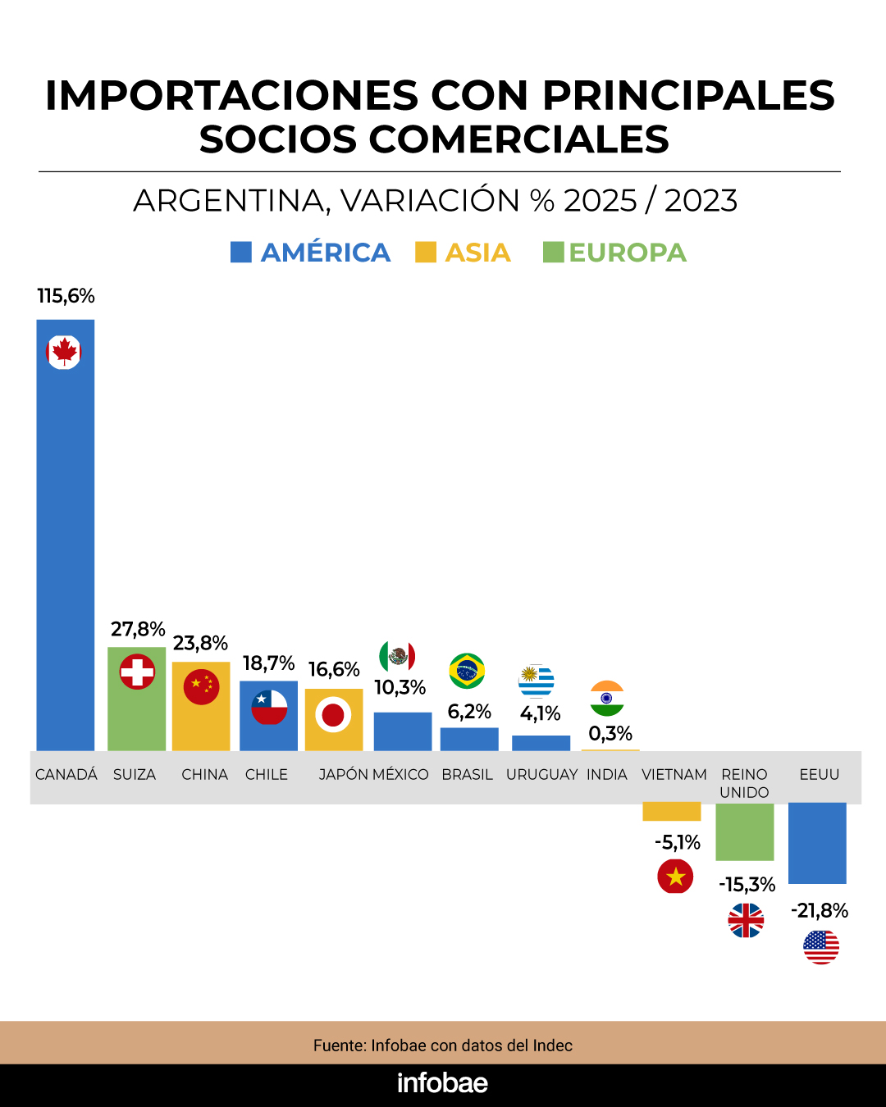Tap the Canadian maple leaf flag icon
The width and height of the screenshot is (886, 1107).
coord(63,353)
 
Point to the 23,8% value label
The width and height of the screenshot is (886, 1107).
coord(200,643)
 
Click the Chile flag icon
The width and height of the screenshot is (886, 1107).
coord(269,707)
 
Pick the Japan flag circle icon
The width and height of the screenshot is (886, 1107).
coord(333,715)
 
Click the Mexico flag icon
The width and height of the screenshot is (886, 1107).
coord(397,656)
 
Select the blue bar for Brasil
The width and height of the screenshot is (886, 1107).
coord(469,739)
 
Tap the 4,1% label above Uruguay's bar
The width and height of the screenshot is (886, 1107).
coord(540,713)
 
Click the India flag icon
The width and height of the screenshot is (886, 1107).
coord(607,699)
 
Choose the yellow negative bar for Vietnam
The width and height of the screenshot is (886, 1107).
coord(672,811)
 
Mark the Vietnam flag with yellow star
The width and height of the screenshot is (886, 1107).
coord(675,877)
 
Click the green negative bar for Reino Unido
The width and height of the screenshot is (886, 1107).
coord(745,831)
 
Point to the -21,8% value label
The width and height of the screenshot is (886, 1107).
coord(820,910)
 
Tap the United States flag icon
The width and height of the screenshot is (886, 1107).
coord(821,947)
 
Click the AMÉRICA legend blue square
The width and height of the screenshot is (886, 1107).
coord(241,252)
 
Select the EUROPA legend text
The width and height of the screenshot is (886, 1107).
coord(627,253)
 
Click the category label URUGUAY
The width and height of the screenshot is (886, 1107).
coord(541,774)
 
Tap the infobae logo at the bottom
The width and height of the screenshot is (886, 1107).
coord(442,1083)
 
